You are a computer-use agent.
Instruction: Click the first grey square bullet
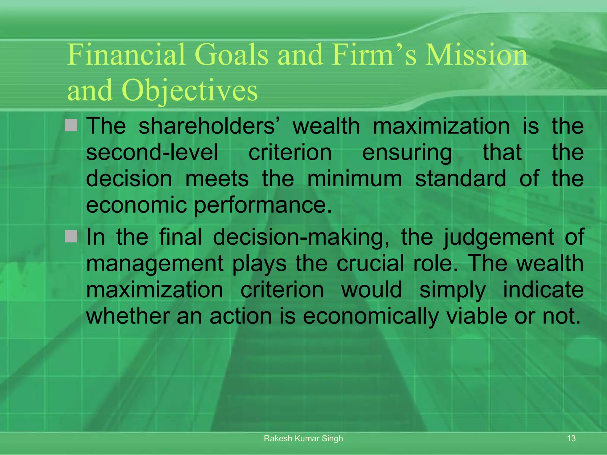(x=71, y=125)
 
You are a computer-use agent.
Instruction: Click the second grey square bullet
(x=71, y=236)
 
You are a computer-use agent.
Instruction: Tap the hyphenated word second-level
(x=152, y=152)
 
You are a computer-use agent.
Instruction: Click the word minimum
(x=354, y=179)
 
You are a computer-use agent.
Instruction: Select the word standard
(x=461, y=179)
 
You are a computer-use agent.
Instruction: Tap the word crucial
(x=370, y=263)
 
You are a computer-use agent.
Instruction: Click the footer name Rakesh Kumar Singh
(x=303, y=438)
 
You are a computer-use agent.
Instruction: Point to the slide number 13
(x=571, y=438)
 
